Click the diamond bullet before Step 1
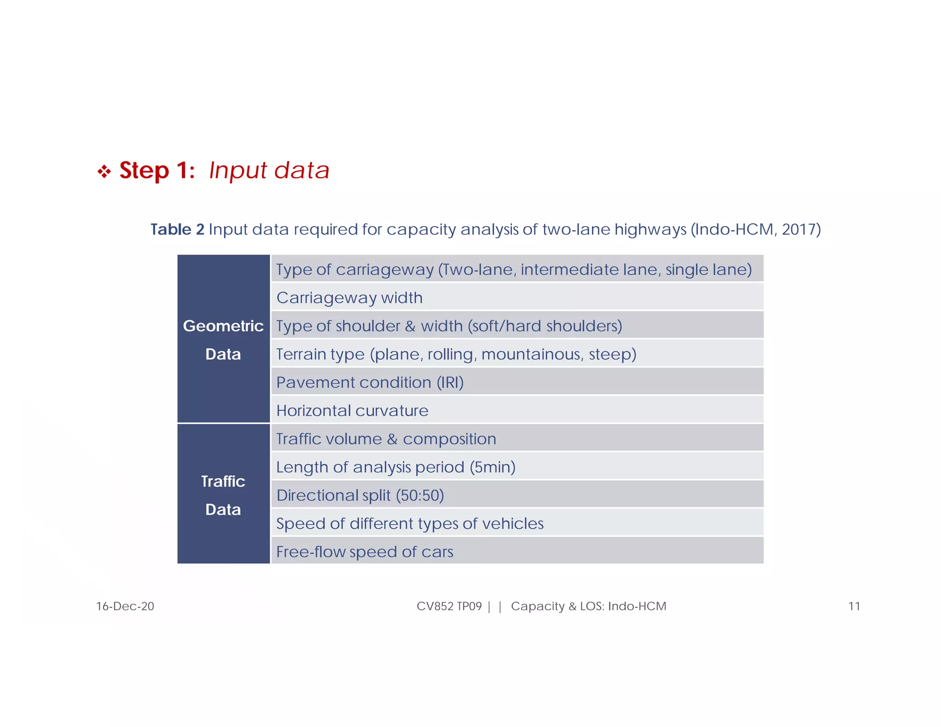click(104, 172)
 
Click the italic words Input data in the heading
click(269, 170)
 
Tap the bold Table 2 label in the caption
click(177, 229)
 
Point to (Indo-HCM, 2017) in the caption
click(755, 229)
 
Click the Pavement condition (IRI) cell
click(370, 382)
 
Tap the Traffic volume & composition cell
click(386, 439)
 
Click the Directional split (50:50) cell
click(360, 495)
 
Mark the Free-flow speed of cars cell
click(365, 551)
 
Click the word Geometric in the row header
click(223, 326)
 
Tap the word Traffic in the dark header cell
click(223, 481)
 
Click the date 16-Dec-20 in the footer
click(125, 606)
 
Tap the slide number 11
click(854, 606)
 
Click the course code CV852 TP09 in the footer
click(449, 606)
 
